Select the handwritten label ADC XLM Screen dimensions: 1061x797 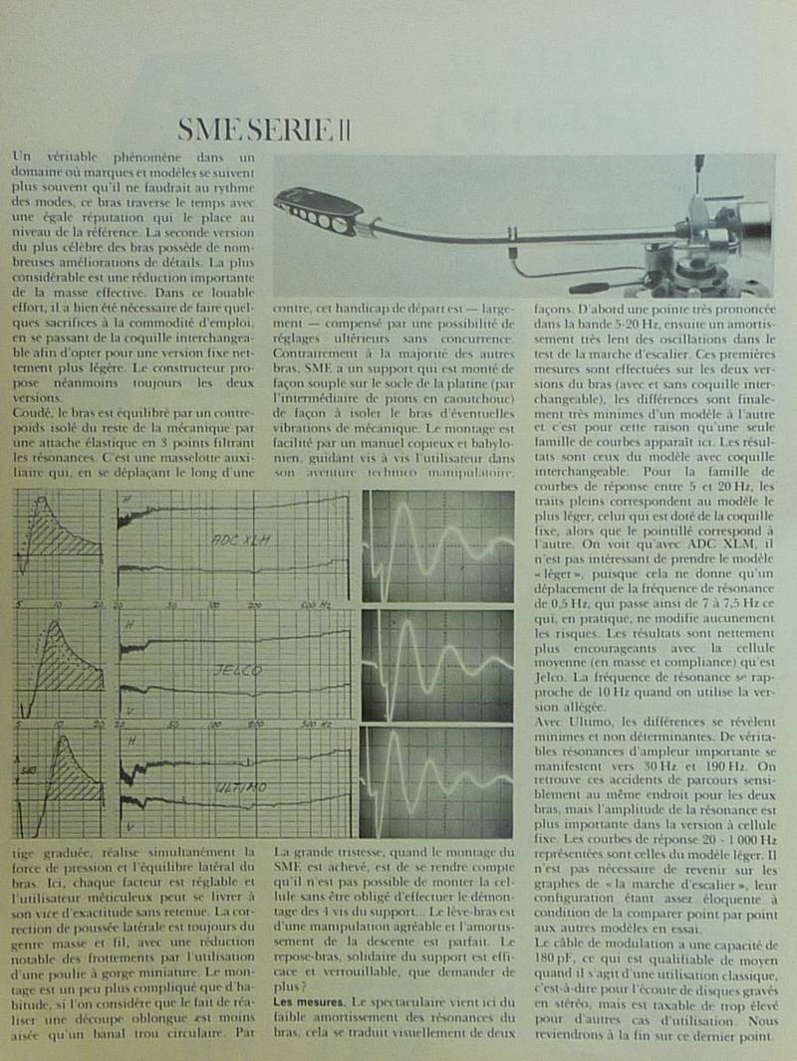click(241, 540)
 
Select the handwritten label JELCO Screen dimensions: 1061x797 click(237, 672)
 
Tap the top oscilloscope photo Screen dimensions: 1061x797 click(437, 545)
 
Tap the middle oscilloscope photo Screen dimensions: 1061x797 click(437, 665)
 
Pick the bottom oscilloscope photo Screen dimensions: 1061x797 click(437, 782)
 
